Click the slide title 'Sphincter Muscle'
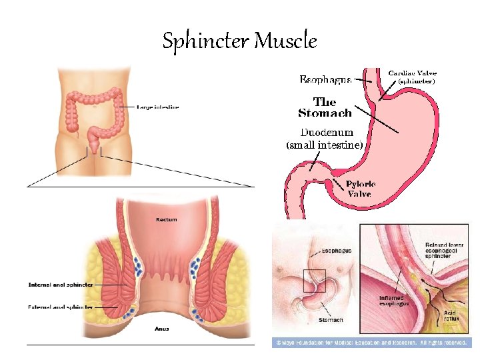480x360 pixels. click(x=239, y=41)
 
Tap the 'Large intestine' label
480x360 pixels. click(x=158, y=107)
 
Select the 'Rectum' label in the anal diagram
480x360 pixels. click(x=167, y=219)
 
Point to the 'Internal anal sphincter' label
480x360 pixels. click(x=61, y=285)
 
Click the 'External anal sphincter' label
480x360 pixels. click(x=60, y=307)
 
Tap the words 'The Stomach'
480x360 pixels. click(x=325, y=107)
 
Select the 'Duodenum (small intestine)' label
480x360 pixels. click(x=324, y=138)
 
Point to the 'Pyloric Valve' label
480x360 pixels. click(x=360, y=189)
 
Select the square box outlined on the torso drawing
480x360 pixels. click(x=314, y=279)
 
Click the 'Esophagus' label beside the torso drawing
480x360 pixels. click(x=337, y=251)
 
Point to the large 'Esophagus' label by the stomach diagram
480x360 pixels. click(x=325, y=80)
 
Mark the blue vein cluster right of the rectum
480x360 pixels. click(x=195, y=267)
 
